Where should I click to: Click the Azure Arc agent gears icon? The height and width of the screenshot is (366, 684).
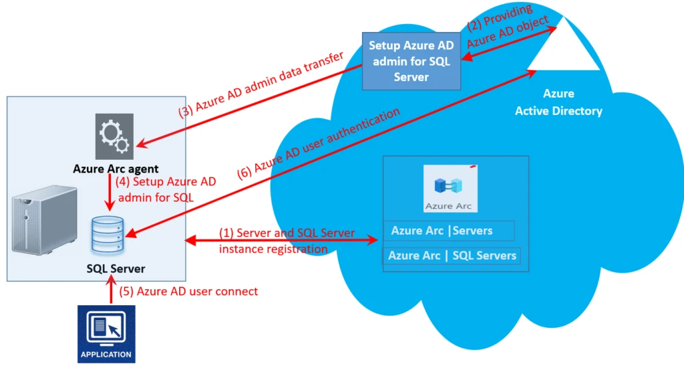[114, 136]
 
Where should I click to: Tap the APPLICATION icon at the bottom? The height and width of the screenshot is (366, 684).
[106, 334]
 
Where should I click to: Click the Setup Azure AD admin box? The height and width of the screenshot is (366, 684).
[410, 62]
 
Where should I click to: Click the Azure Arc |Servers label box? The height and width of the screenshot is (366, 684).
[448, 231]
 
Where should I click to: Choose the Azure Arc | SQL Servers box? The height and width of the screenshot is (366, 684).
[452, 256]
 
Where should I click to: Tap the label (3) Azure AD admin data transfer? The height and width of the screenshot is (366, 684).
[261, 84]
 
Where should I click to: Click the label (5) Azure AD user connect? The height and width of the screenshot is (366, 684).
[188, 292]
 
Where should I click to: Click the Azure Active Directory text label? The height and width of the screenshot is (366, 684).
[558, 102]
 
